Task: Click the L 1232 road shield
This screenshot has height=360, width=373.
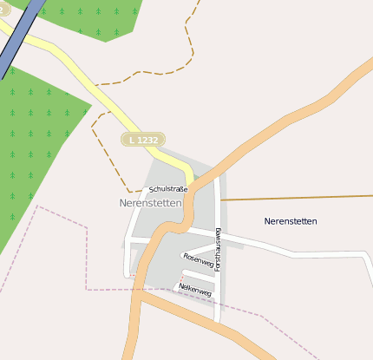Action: tap(144, 140)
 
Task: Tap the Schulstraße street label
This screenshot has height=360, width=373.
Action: tap(167, 188)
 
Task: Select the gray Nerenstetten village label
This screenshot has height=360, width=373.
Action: tap(150, 203)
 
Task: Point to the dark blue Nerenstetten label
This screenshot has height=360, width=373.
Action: tap(291, 221)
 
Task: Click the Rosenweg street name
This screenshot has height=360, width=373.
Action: tap(199, 259)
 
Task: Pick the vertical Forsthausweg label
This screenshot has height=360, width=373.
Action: tap(219, 251)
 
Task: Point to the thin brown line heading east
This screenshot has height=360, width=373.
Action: tap(295, 197)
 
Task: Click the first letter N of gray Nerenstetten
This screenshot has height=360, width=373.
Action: tap(123, 203)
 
